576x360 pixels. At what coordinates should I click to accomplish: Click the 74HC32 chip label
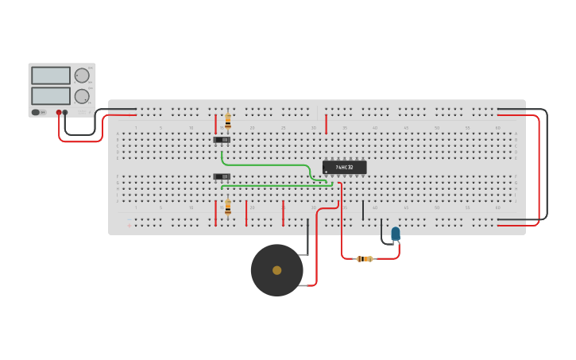pyautogui.click(x=345, y=168)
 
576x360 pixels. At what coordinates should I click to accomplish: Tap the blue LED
pyautogui.click(x=396, y=233)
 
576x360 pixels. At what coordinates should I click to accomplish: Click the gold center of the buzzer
pyautogui.click(x=276, y=270)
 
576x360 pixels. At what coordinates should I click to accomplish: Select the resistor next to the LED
pyautogui.click(x=365, y=258)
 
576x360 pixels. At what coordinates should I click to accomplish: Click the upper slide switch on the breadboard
pyautogui.click(x=222, y=140)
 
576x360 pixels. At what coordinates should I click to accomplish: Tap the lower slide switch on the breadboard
pyautogui.click(x=222, y=176)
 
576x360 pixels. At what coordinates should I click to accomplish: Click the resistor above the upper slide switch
pyautogui.click(x=228, y=121)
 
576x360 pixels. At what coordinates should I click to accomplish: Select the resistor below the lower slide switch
pyautogui.click(x=228, y=207)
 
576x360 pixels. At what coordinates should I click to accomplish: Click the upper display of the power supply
pyautogui.click(x=51, y=75)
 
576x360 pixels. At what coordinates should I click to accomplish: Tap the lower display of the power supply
pyautogui.click(x=51, y=96)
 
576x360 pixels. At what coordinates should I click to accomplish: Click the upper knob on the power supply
pyautogui.click(x=82, y=75)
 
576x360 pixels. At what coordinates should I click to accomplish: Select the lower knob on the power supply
pyautogui.click(x=82, y=96)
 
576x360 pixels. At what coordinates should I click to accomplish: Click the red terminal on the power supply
pyautogui.click(x=58, y=113)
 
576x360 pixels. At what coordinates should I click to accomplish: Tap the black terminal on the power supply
pyautogui.click(x=65, y=113)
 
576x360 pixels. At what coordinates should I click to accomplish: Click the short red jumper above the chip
pyautogui.click(x=326, y=123)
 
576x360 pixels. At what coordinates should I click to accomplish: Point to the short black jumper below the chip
pyautogui.click(x=363, y=210)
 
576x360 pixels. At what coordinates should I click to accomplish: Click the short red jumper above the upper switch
pyautogui.click(x=215, y=123)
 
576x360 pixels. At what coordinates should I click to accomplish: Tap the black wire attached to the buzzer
pyautogui.click(x=307, y=238)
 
